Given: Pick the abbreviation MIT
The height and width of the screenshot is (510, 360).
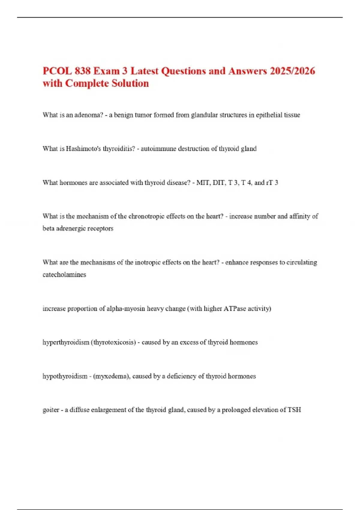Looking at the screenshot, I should (x=203, y=183).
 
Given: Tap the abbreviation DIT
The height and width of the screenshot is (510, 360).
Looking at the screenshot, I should (x=219, y=183).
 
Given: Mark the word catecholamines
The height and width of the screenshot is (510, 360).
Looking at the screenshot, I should (x=64, y=275).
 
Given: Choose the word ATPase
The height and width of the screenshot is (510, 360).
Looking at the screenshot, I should (x=235, y=309).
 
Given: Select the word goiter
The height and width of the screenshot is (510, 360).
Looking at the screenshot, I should (x=51, y=410).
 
